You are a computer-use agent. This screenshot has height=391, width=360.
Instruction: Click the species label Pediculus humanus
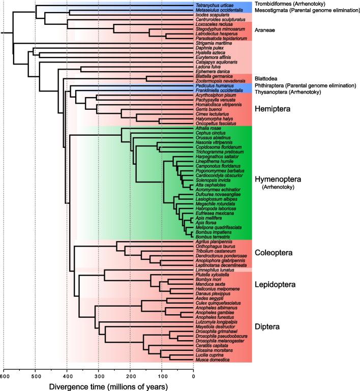tap(213, 86)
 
